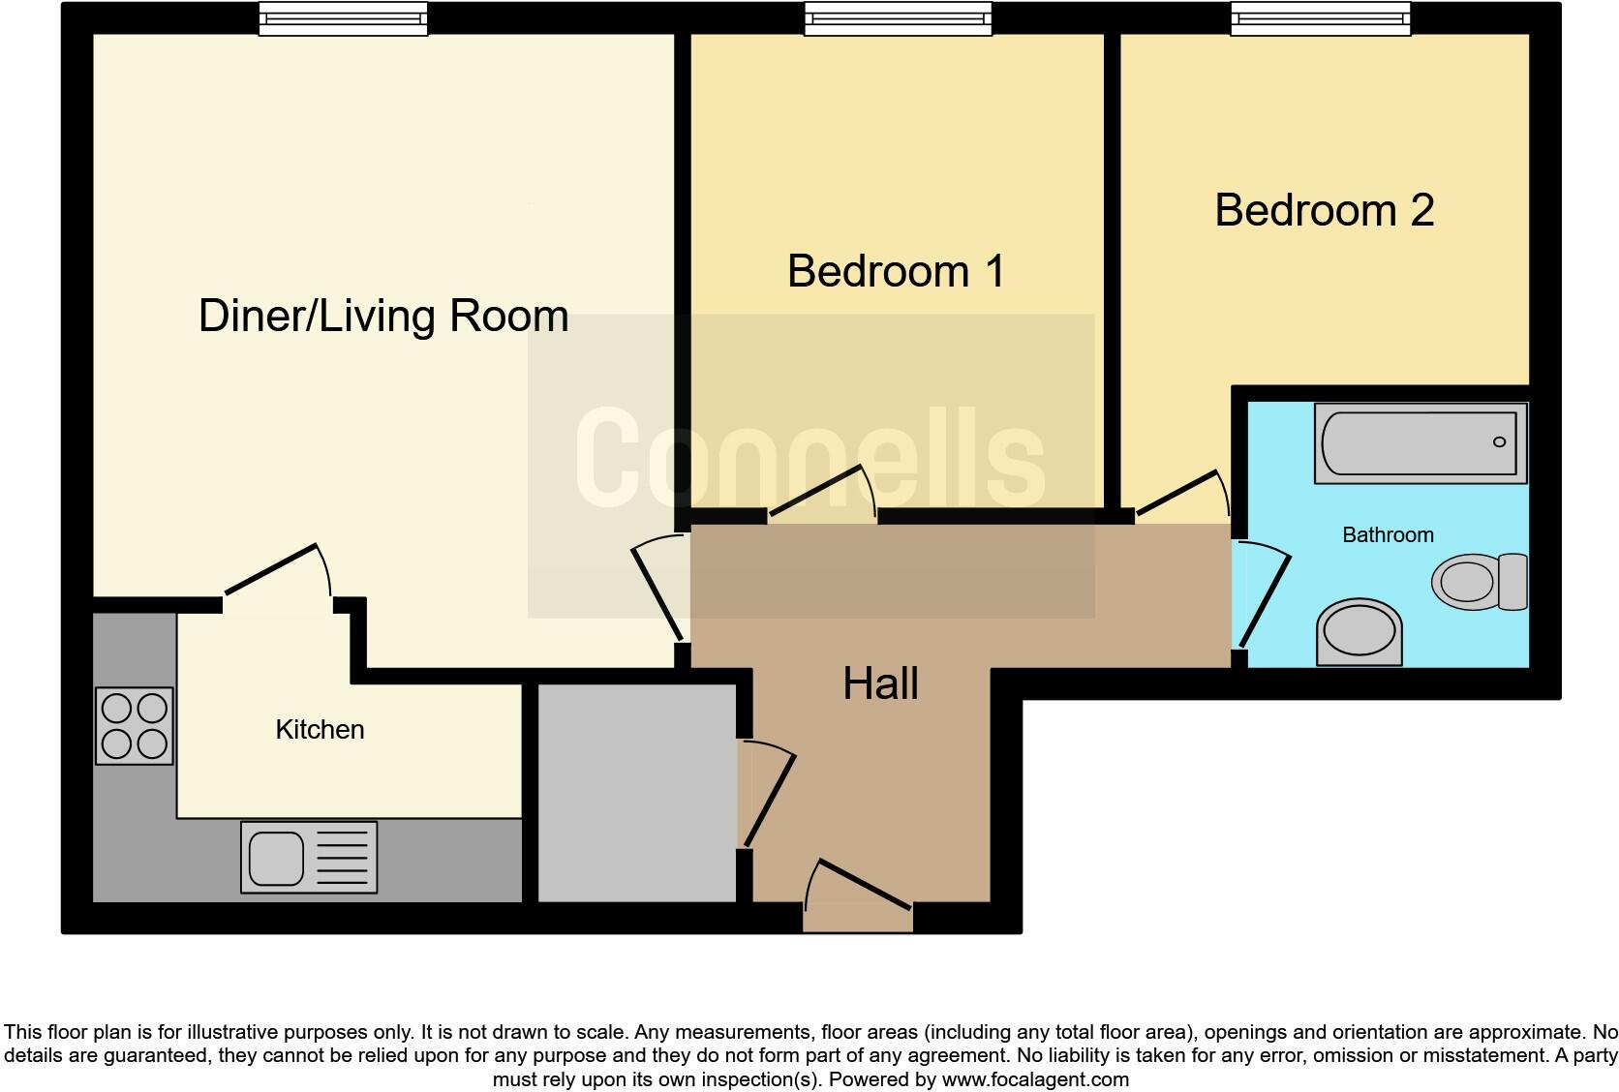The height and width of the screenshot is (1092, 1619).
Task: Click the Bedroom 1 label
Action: (x=896, y=271)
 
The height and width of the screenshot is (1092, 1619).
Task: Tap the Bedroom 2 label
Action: (x=1324, y=211)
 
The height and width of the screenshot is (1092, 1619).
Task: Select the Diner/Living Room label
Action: (x=383, y=317)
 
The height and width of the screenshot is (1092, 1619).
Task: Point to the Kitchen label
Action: (x=320, y=729)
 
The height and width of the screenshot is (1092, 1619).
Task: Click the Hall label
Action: (x=880, y=683)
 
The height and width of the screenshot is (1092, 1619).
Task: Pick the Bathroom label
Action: (x=1388, y=534)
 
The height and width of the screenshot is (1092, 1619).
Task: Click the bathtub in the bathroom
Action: (x=1420, y=443)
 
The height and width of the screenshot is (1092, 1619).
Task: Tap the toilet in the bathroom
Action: (x=1480, y=582)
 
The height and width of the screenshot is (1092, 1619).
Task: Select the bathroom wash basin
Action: (x=1359, y=632)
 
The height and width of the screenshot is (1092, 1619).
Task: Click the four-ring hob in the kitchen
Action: (x=135, y=726)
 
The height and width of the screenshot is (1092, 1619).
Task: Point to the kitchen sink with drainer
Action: (x=309, y=857)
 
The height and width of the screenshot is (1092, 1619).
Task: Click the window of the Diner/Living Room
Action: (x=344, y=17)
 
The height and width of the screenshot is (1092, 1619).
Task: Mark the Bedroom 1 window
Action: (x=899, y=17)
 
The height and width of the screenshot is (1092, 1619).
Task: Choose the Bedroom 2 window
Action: (x=1320, y=17)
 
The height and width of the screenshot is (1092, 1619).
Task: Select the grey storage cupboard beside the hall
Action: (x=636, y=793)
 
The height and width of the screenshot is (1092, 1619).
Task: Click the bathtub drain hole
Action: (x=1499, y=442)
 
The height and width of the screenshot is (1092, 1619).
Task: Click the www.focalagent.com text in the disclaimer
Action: (x=1034, y=1078)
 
